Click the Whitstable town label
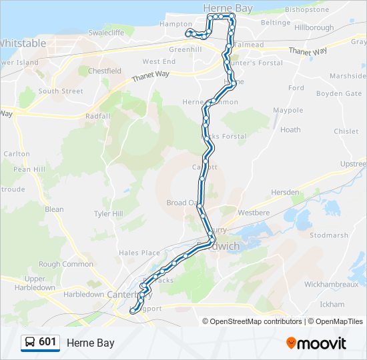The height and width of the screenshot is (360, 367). (23, 43)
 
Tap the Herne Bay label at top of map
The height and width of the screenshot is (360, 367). (227, 7)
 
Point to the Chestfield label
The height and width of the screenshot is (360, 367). (105, 71)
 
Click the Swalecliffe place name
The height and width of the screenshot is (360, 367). (107, 31)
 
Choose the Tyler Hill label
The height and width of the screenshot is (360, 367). (109, 214)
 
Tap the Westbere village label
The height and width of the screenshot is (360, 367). (254, 214)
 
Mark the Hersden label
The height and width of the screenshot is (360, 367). (285, 192)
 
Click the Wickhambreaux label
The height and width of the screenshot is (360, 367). (331, 284)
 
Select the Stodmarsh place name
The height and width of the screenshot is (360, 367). (329, 235)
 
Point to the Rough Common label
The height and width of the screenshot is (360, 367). (66, 264)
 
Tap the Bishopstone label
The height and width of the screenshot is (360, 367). (307, 10)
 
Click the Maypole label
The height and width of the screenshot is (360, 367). (288, 110)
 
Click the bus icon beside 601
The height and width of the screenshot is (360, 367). (30, 343)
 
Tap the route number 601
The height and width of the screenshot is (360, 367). (47, 342)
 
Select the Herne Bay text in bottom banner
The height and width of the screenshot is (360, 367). (90, 343)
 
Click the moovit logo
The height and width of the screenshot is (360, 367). (316, 343)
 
